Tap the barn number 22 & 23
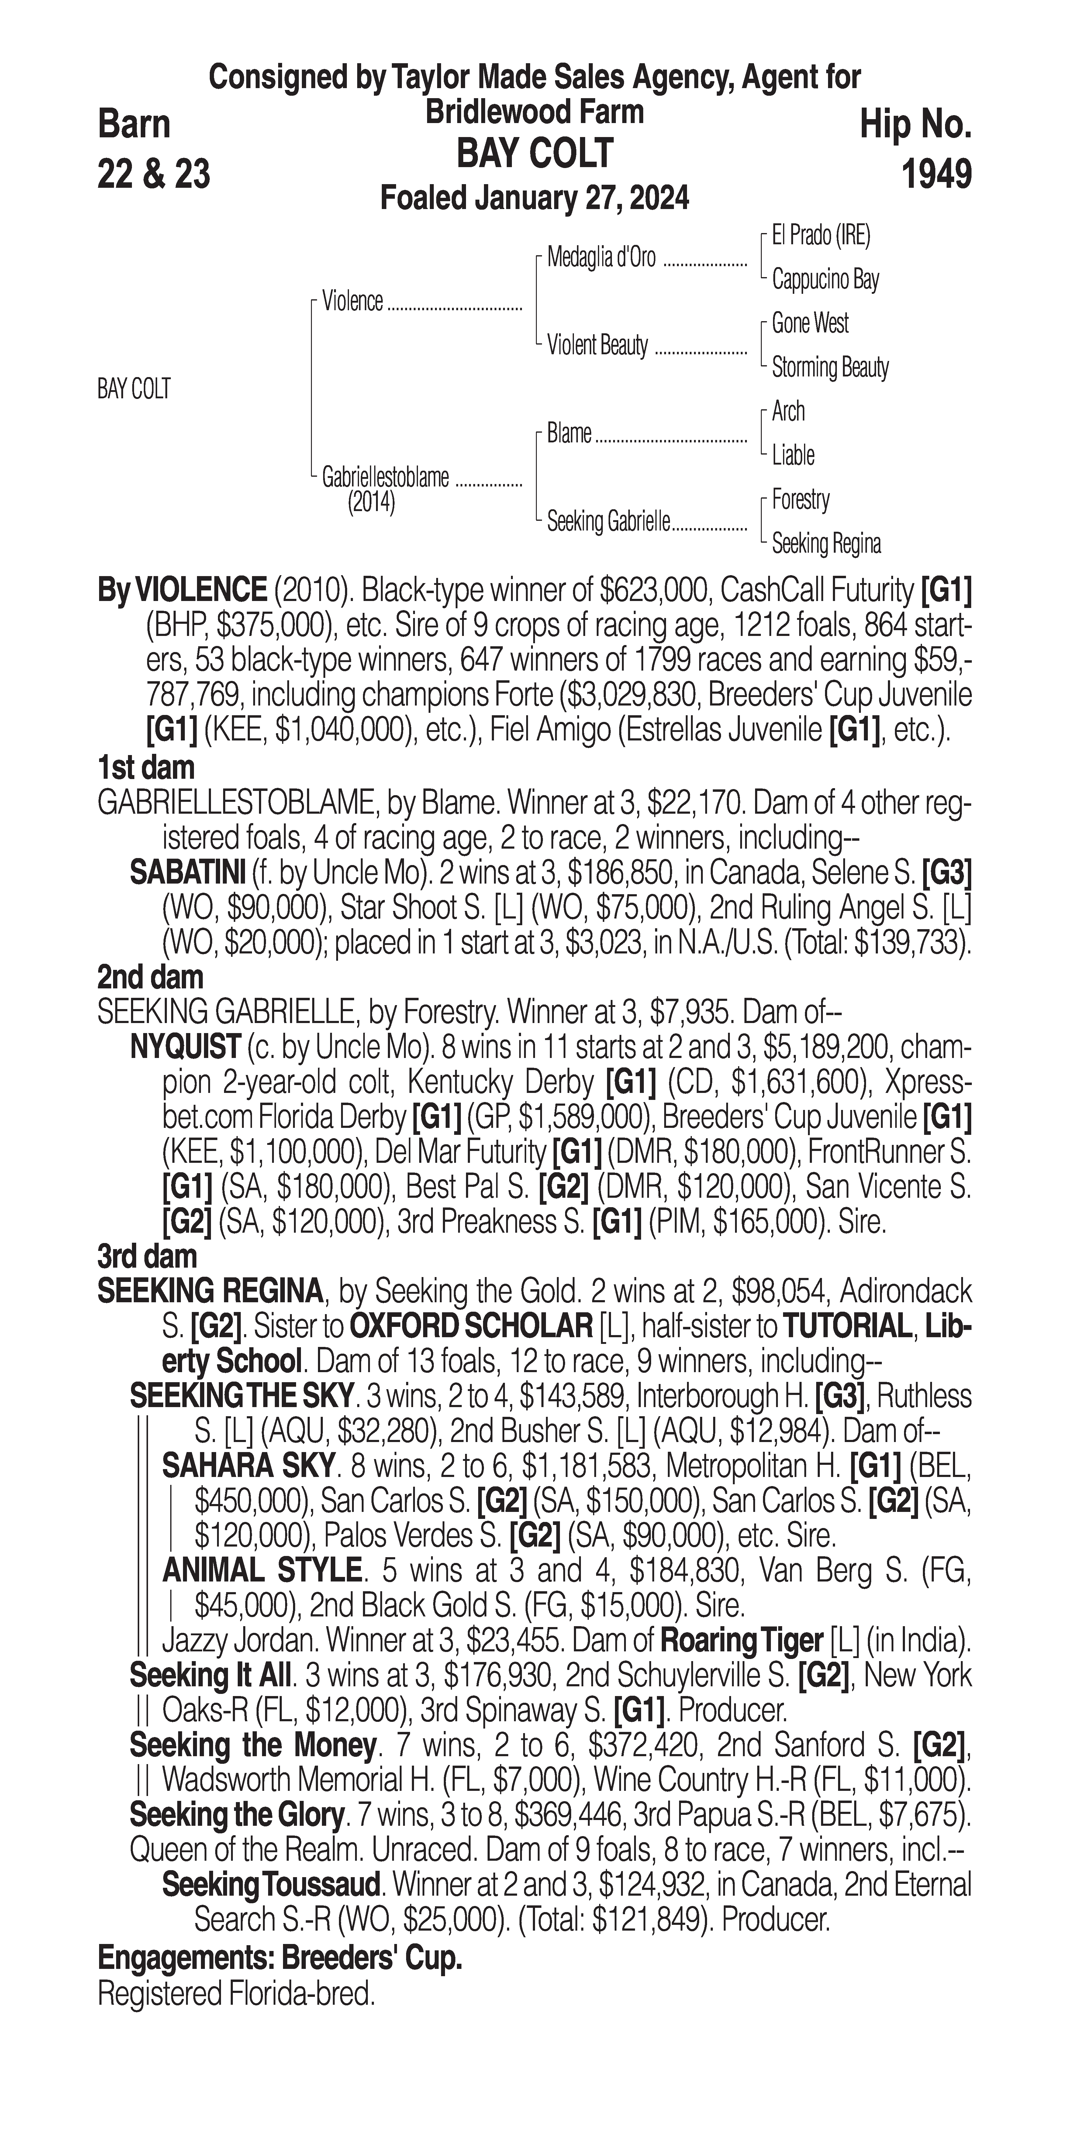154,174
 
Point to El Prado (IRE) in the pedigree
820,236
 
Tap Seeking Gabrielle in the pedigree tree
608,522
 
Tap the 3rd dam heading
147,1256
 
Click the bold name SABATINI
188,872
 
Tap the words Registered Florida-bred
236,1993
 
